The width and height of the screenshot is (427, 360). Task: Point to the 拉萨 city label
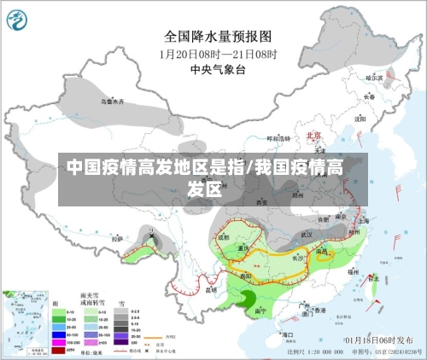pos(117,239)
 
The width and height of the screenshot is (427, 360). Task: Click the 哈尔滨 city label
pos(375,78)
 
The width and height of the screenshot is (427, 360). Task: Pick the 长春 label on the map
pos(369,97)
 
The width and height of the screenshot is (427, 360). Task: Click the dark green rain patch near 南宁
pos(247,296)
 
